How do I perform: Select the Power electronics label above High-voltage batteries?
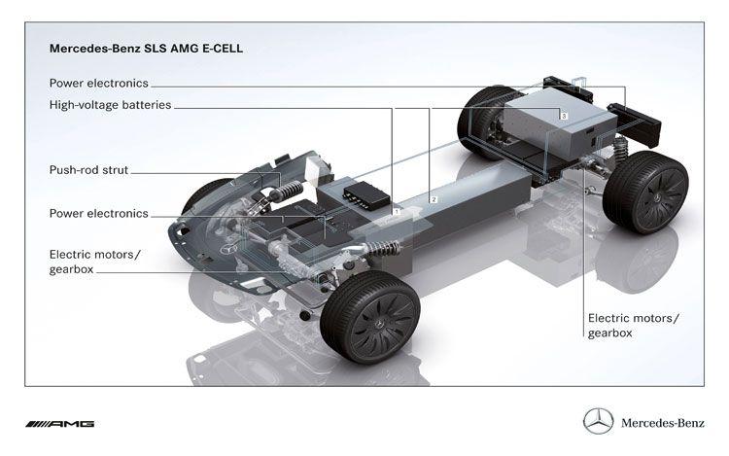(98, 84)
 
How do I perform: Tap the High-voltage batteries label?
(110, 104)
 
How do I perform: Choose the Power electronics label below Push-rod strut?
(98, 213)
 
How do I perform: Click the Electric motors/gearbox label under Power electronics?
(94, 262)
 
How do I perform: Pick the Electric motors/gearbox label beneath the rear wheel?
(633, 325)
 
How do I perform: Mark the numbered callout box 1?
(397, 210)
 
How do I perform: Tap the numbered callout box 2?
(434, 197)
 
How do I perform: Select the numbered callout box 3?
(563, 116)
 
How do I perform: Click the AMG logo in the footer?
(59, 424)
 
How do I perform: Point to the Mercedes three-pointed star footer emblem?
(598, 422)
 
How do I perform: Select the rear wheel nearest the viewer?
(644, 192)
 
